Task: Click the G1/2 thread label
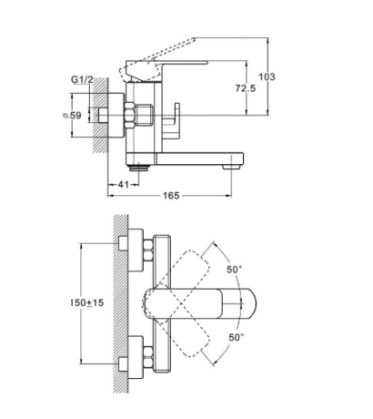[82, 79]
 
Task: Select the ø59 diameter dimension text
[72, 116]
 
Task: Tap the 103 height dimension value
[267, 77]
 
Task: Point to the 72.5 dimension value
[246, 88]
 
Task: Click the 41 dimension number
[123, 184]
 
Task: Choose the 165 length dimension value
[171, 196]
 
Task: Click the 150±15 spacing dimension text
[87, 302]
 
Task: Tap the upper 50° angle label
[235, 269]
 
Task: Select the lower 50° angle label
[237, 337]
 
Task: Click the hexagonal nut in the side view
[130, 115]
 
